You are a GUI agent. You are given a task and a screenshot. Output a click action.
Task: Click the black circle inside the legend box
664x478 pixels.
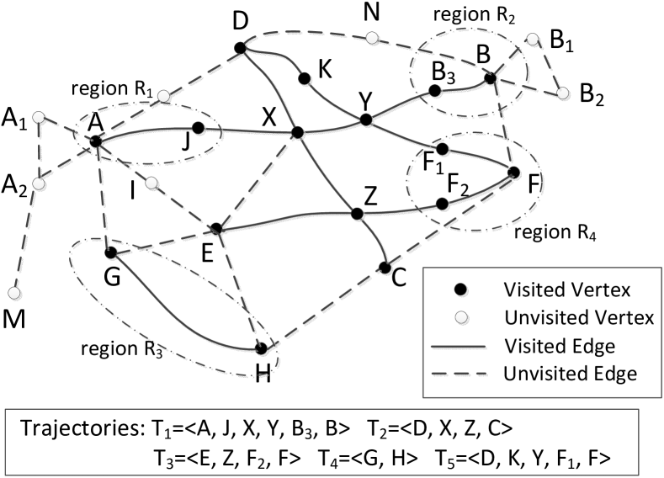(460, 289)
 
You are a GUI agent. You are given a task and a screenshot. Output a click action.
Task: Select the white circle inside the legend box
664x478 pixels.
(460, 317)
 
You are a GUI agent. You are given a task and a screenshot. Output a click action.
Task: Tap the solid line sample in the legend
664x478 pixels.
(459, 347)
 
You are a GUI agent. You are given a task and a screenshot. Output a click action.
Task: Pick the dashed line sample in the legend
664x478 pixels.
(459, 374)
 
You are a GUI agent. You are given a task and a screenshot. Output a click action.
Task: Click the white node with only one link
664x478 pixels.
(14, 293)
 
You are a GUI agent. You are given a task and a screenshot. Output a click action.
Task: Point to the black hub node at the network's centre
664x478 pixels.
(297, 134)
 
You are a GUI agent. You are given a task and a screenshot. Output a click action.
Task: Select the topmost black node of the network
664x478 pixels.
(241, 47)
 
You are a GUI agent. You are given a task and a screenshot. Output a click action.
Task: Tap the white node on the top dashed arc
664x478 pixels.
(372, 38)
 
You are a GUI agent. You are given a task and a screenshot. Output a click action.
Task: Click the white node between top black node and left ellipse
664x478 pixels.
(164, 96)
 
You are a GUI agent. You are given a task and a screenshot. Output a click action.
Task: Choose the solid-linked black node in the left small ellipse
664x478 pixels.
(199, 129)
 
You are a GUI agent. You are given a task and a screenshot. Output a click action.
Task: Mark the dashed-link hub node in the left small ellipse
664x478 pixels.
(97, 141)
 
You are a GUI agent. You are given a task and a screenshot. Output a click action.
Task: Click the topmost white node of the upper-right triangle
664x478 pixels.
(532, 39)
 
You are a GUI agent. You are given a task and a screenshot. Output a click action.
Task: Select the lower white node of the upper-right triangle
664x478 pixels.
(562, 93)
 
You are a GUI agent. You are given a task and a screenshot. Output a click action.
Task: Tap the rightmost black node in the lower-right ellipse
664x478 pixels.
(514, 173)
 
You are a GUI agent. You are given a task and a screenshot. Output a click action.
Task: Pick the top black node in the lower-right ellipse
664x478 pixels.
(443, 150)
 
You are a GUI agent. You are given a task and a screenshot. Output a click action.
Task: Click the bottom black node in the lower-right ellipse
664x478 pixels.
(443, 204)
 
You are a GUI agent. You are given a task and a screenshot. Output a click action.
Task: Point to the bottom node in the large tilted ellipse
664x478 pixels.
(262, 348)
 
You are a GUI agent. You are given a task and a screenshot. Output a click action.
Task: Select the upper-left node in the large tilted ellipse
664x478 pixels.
(111, 252)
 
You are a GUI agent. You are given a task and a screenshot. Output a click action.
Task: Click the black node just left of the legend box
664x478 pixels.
(385, 268)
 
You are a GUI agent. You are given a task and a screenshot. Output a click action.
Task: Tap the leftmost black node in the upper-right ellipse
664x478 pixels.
(435, 91)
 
